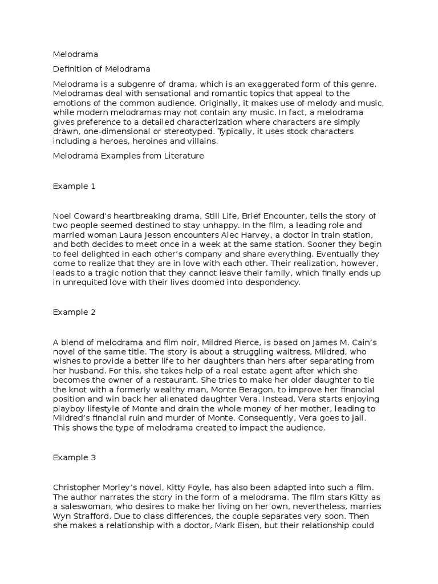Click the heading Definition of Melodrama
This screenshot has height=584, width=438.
[x=102, y=69]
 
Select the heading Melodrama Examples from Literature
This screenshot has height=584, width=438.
[x=128, y=156]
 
